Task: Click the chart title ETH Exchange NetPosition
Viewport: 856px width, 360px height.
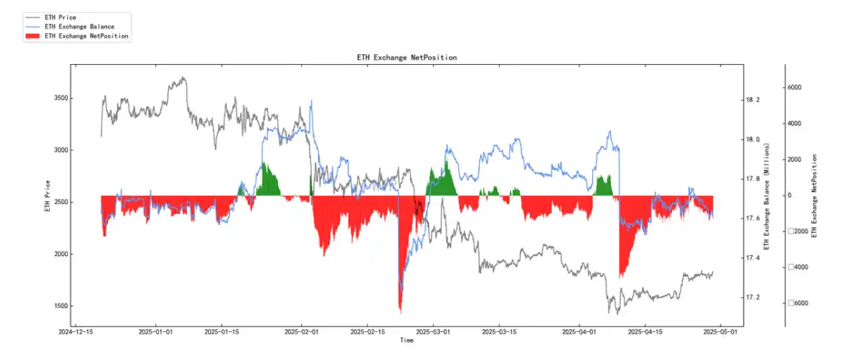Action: (406, 57)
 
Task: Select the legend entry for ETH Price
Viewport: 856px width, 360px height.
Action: (60, 17)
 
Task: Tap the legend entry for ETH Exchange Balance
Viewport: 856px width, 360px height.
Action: (79, 26)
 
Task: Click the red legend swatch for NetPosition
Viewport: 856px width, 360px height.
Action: (32, 35)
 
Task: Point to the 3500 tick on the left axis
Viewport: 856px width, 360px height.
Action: (58, 99)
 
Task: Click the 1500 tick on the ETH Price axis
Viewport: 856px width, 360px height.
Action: (58, 307)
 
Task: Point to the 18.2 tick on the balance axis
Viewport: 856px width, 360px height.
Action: (754, 100)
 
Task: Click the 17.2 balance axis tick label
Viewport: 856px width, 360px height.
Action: (754, 297)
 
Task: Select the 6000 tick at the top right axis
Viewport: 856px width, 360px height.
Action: (794, 87)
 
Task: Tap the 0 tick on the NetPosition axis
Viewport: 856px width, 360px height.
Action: (790, 196)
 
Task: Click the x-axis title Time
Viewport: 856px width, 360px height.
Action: (406, 340)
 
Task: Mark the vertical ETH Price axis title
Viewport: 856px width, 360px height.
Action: (47, 196)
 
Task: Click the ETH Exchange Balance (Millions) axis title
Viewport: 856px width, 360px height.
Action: (766, 196)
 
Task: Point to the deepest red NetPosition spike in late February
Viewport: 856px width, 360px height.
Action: (400, 311)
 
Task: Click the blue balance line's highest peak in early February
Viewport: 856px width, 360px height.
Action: (311, 100)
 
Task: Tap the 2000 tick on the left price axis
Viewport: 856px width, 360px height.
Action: (58, 255)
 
